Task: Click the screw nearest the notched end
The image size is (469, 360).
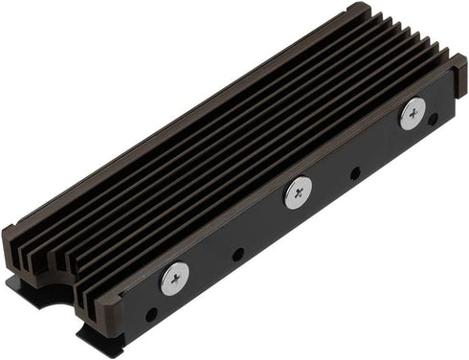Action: pyautogui.click(x=175, y=279)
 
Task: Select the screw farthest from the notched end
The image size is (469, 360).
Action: pyautogui.click(x=413, y=113)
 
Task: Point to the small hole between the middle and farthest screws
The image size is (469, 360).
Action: pyautogui.click(x=355, y=174)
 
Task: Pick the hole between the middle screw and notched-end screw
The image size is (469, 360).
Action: pyautogui.click(x=237, y=255)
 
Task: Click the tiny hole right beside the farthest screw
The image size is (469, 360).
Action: pyautogui.click(x=434, y=120)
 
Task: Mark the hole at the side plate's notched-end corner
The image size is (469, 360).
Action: pyautogui.click(x=150, y=313)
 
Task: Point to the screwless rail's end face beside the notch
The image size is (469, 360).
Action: pyautogui.click(x=13, y=249)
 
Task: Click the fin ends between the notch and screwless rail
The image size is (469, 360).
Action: pyautogui.click(x=34, y=257)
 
